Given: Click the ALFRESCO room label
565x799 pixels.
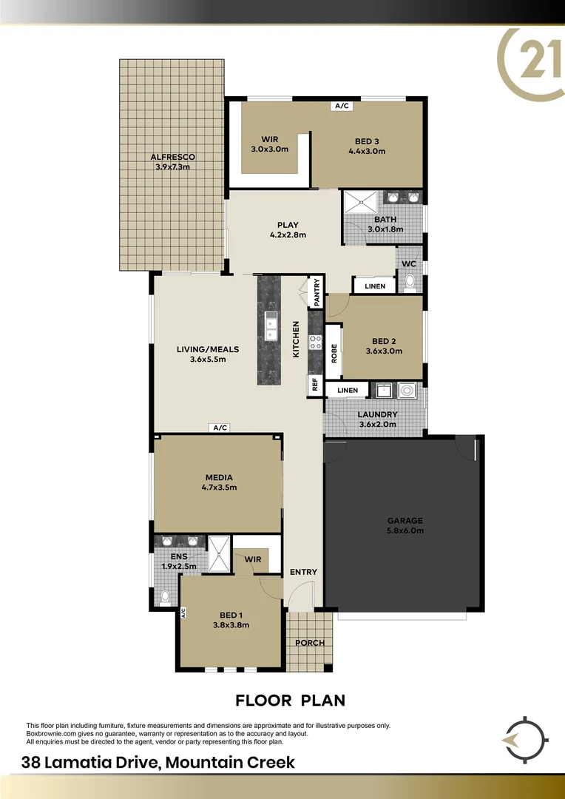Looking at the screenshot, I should [172, 157].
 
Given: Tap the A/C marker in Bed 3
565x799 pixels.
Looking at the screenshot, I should [341, 106].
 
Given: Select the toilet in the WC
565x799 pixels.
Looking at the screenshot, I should [410, 282].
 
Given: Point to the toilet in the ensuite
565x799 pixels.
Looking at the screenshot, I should [164, 596].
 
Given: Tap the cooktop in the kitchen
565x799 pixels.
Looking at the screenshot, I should [315, 342].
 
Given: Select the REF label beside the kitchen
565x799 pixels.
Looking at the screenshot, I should [314, 385].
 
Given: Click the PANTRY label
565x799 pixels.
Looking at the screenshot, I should [317, 291].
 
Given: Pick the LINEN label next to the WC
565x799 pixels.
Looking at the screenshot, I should [375, 286].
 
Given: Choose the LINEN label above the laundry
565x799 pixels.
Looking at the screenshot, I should [348, 390].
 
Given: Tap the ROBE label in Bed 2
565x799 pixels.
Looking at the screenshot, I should [334, 353].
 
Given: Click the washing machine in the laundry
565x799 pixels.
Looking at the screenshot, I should [407, 391].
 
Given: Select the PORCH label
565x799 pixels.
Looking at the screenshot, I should [310, 643].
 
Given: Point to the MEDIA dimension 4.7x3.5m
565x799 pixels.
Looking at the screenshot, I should [218, 488].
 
